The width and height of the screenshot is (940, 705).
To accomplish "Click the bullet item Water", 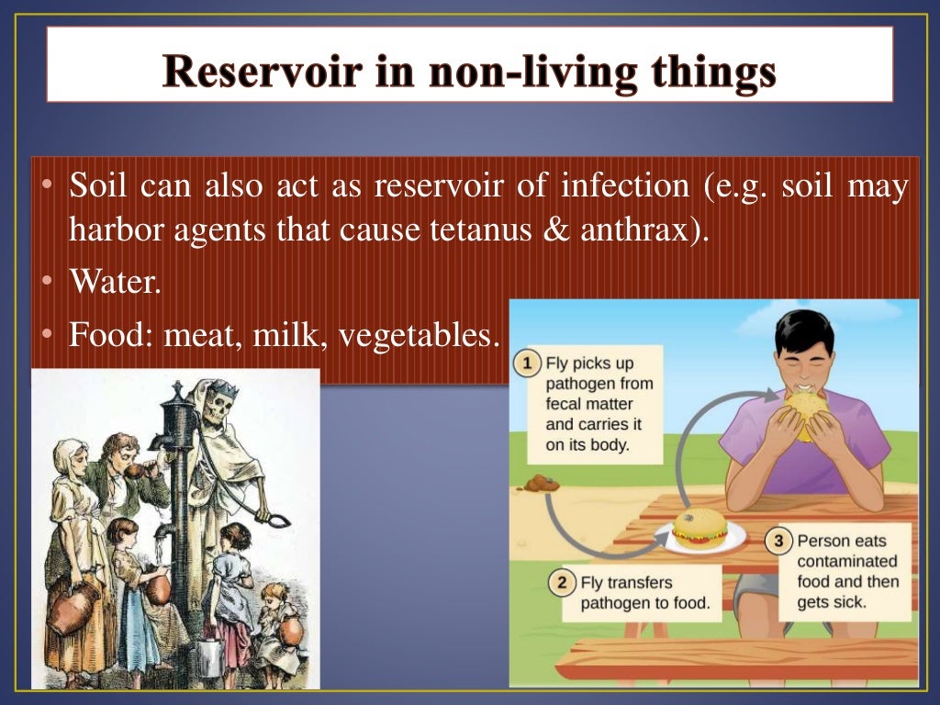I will [x=115, y=282].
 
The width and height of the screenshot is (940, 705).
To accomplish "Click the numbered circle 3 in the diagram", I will [x=779, y=542].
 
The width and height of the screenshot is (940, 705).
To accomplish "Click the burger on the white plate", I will [x=699, y=528].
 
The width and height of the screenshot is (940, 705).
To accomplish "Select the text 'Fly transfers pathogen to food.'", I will [x=644, y=593].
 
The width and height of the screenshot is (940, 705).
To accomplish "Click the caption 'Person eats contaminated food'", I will [x=846, y=571].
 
